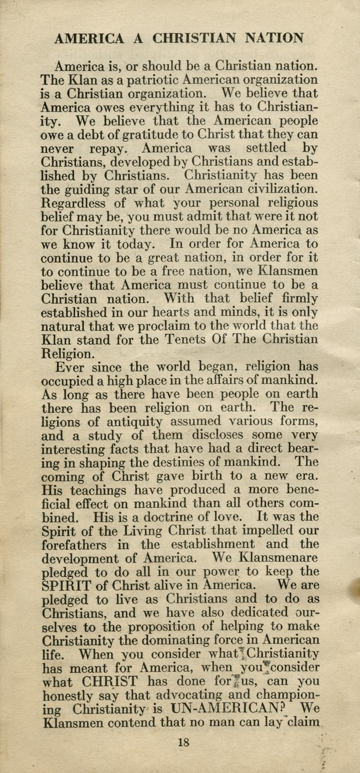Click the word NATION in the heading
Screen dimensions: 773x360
(274, 39)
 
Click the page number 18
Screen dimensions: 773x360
(183, 742)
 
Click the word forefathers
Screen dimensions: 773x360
(76, 545)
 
